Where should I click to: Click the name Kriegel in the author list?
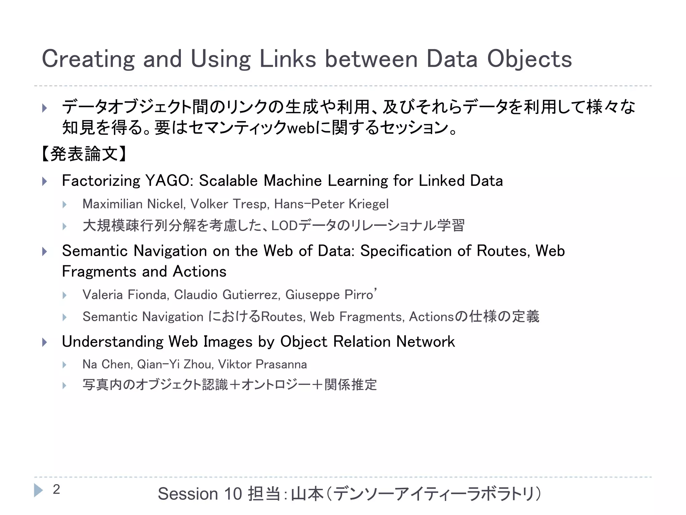point(368,204)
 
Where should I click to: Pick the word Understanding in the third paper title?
point(113,342)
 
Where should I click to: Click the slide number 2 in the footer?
point(56,490)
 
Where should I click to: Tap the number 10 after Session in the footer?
point(233,494)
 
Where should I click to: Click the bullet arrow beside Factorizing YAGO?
point(45,181)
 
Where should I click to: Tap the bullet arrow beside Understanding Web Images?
point(45,342)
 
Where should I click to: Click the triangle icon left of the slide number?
point(39,490)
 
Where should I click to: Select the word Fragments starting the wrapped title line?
point(114,272)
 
